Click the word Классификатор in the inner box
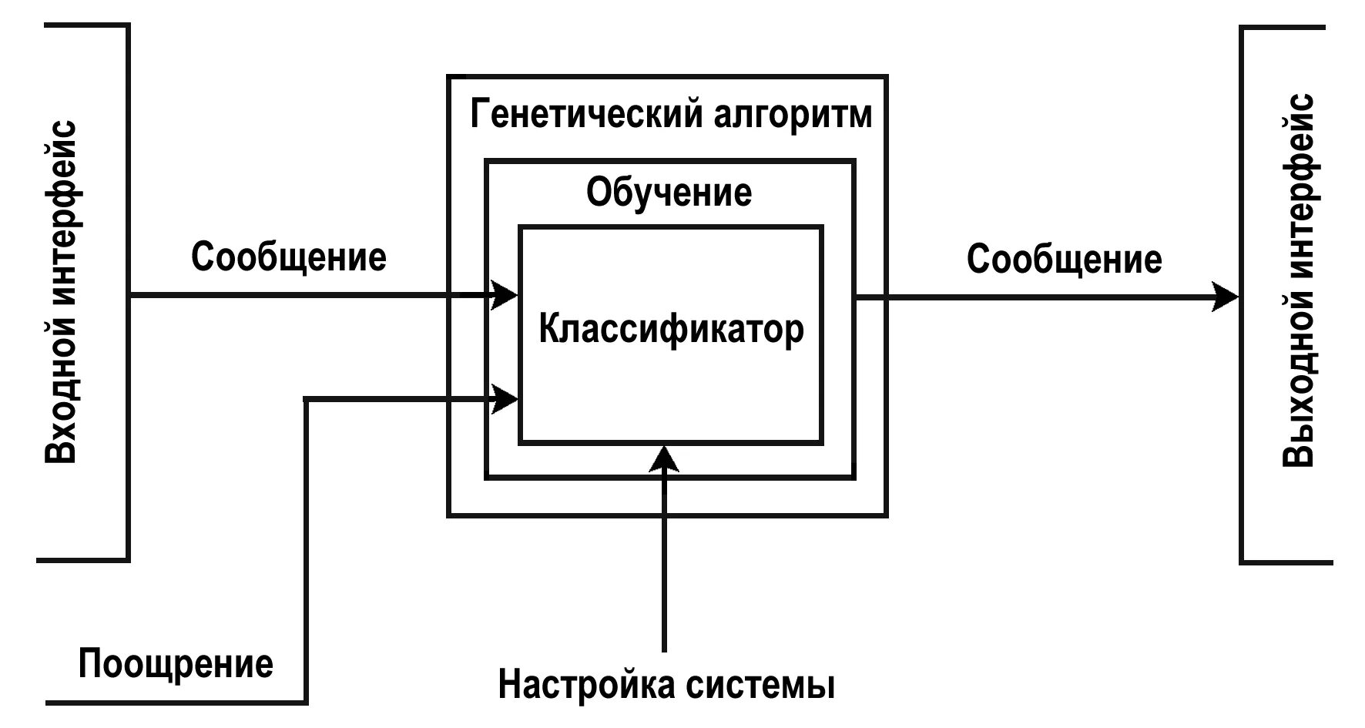click(671, 330)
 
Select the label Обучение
click(669, 192)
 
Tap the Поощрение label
click(176, 663)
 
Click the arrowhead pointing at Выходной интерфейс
click(1225, 297)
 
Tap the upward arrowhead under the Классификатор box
click(664, 458)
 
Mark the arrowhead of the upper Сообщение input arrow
click(505, 294)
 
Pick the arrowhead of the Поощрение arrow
click(505, 398)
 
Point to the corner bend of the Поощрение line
click(307, 399)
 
